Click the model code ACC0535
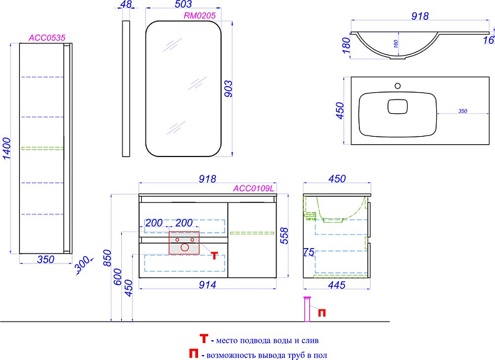tap(47, 38)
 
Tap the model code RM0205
tap(199, 16)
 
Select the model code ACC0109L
tap(254, 189)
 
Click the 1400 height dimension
tap(7, 148)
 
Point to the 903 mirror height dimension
tap(228, 88)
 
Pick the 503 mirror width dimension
tap(183, 4)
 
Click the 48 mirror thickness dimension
tap(126, 4)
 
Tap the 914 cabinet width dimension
tap(207, 285)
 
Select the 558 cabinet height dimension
tap(284, 236)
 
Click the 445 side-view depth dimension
tap(337, 285)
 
